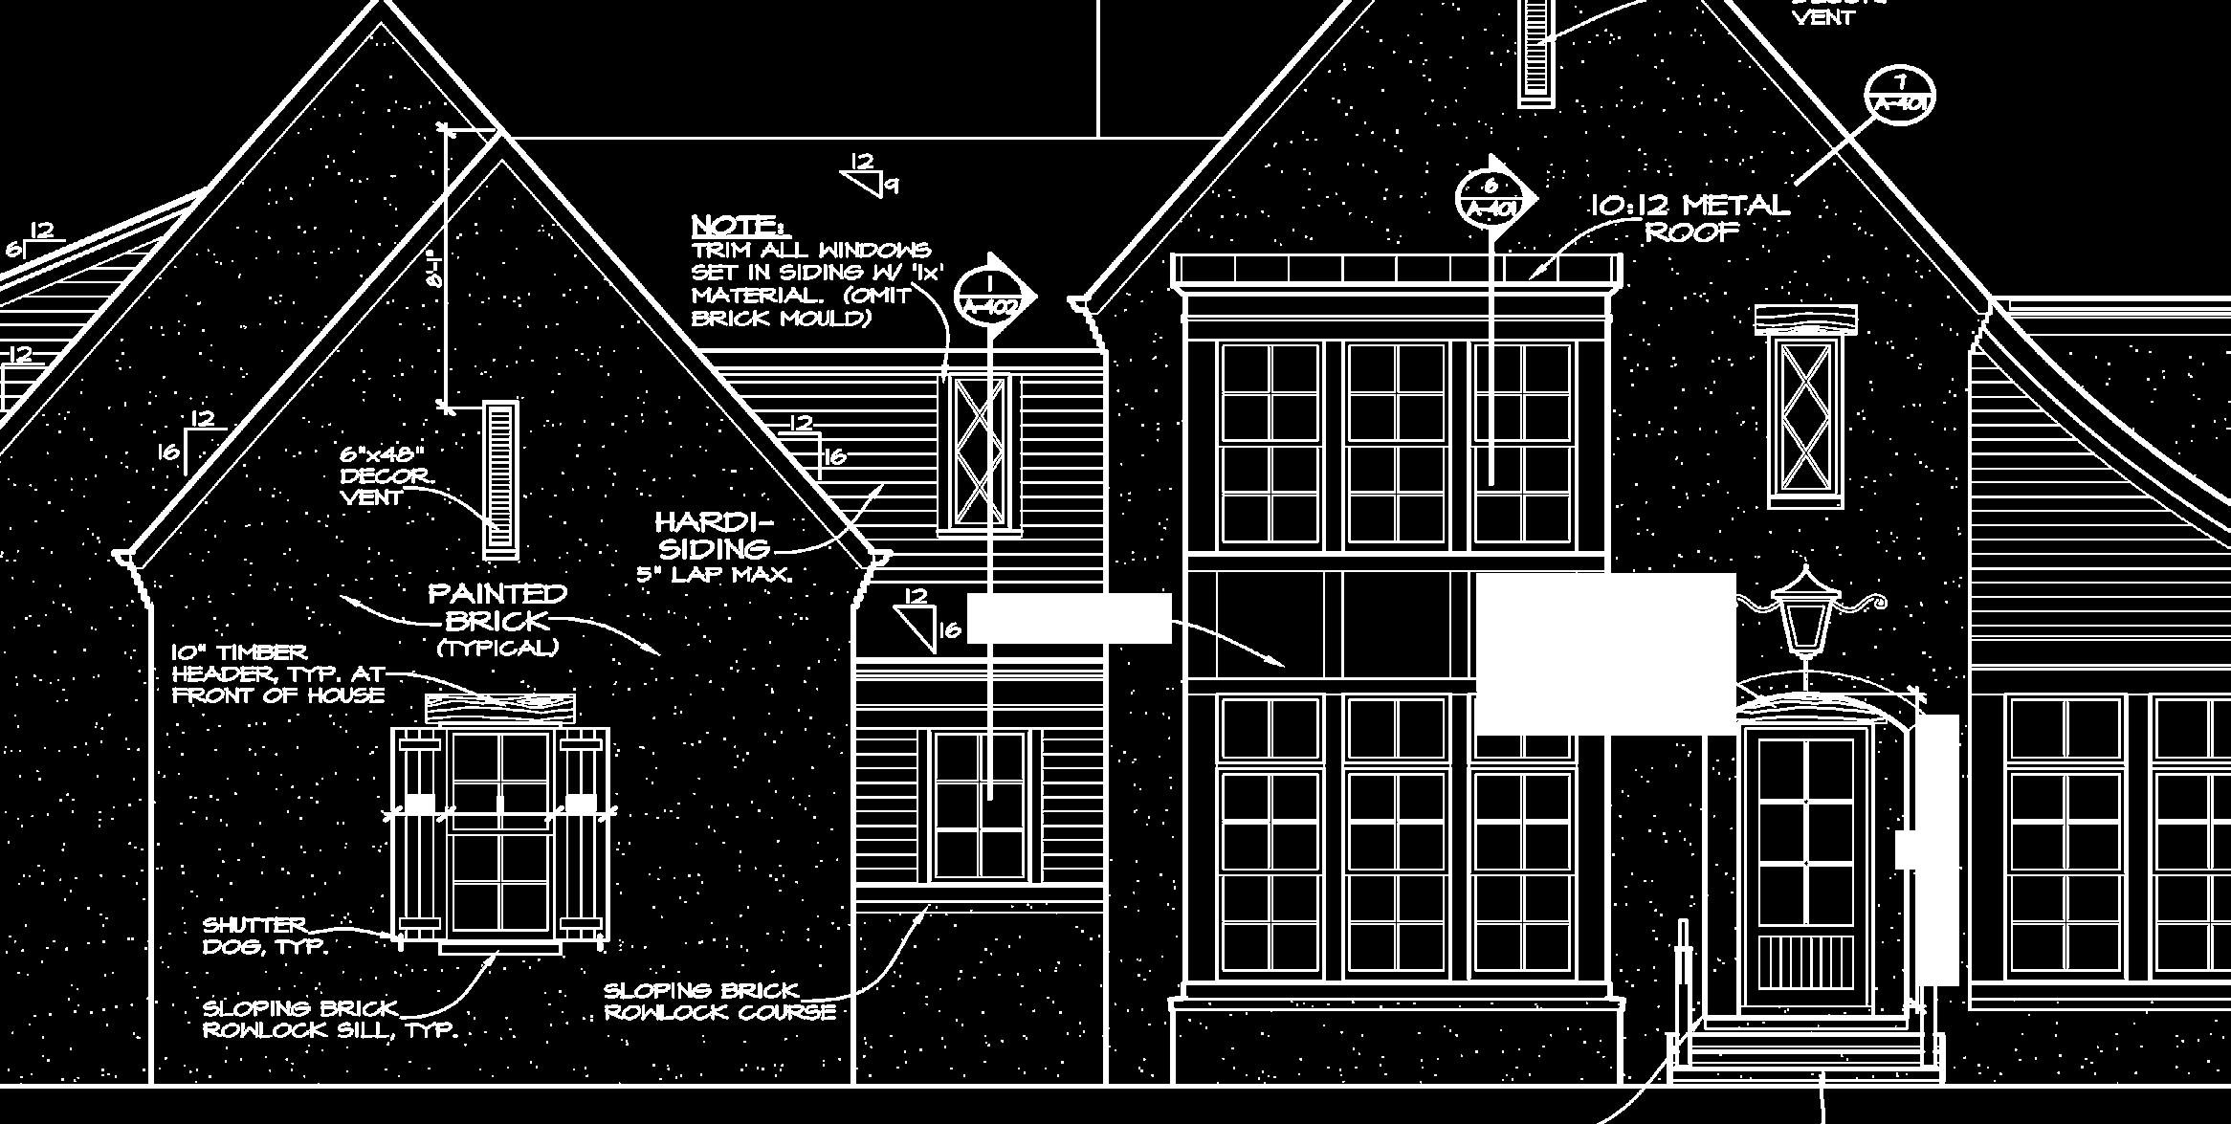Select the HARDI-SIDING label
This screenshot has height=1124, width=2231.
(x=714, y=536)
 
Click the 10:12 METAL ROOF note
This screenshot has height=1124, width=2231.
(x=1690, y=218)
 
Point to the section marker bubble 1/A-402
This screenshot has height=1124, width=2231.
(x=989, y=296)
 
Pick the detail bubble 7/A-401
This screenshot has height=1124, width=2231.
(x=1900, y=96)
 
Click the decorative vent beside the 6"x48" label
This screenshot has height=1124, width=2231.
(x=500, y=479)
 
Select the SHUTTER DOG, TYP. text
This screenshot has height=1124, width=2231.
(x=264, y=936)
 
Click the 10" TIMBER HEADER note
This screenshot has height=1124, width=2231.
(x=277, y=673)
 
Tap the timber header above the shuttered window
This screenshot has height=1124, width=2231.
(x=500, y=709)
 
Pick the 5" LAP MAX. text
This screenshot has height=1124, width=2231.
(x=714, y=575)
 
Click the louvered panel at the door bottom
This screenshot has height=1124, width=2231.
(x=1803, y=960)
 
